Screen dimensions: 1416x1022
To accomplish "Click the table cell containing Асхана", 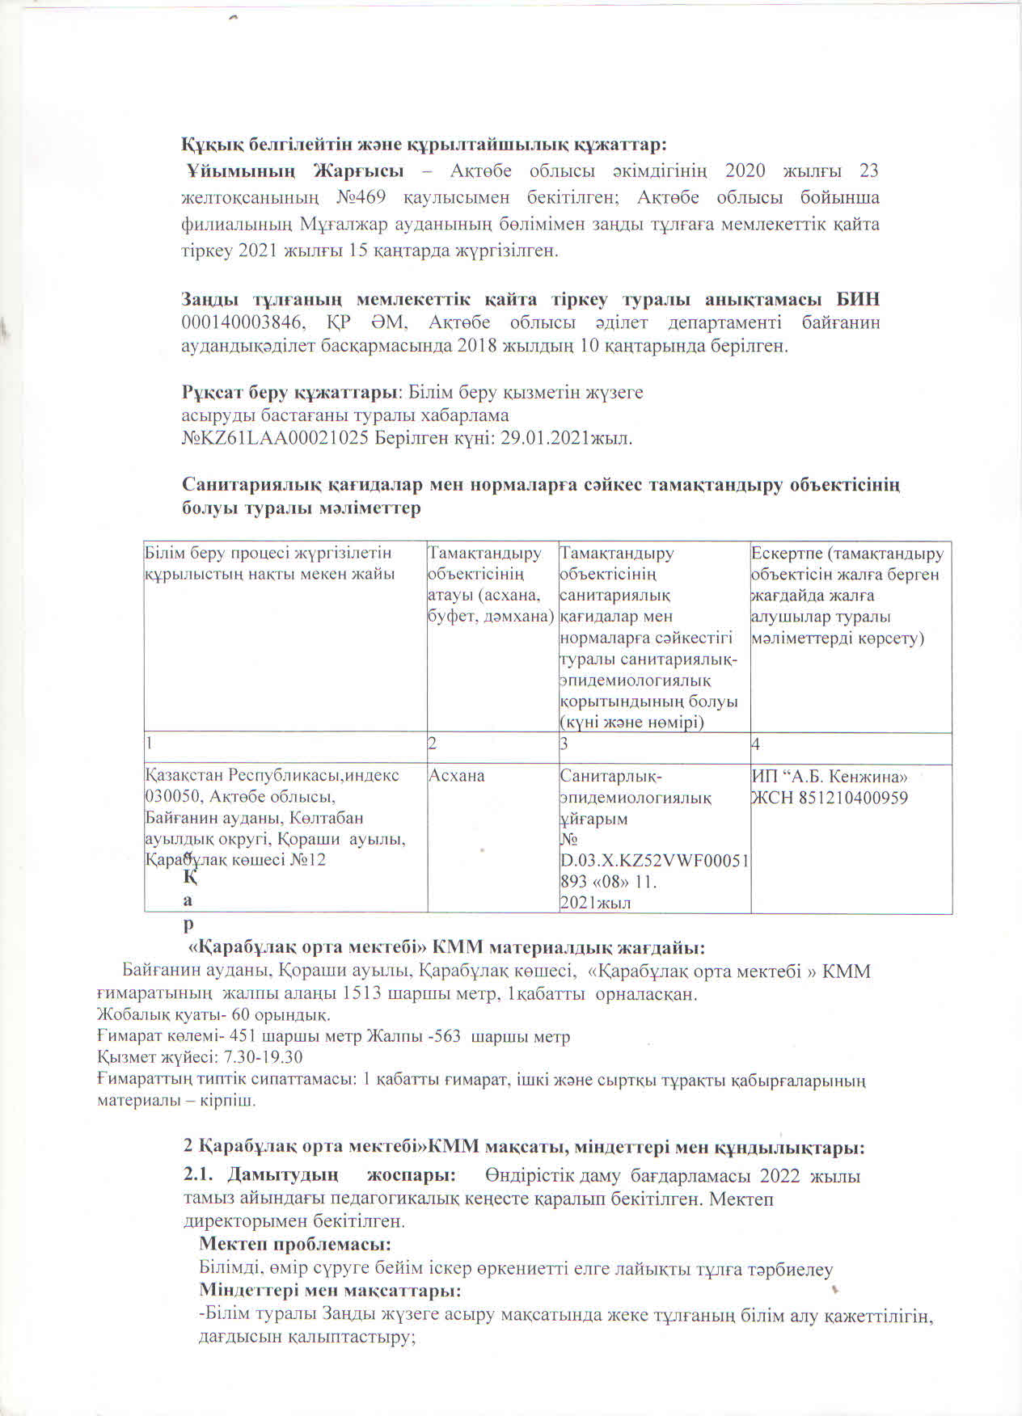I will coord(457,776).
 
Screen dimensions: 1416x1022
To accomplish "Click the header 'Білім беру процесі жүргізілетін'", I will coord(268,554).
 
